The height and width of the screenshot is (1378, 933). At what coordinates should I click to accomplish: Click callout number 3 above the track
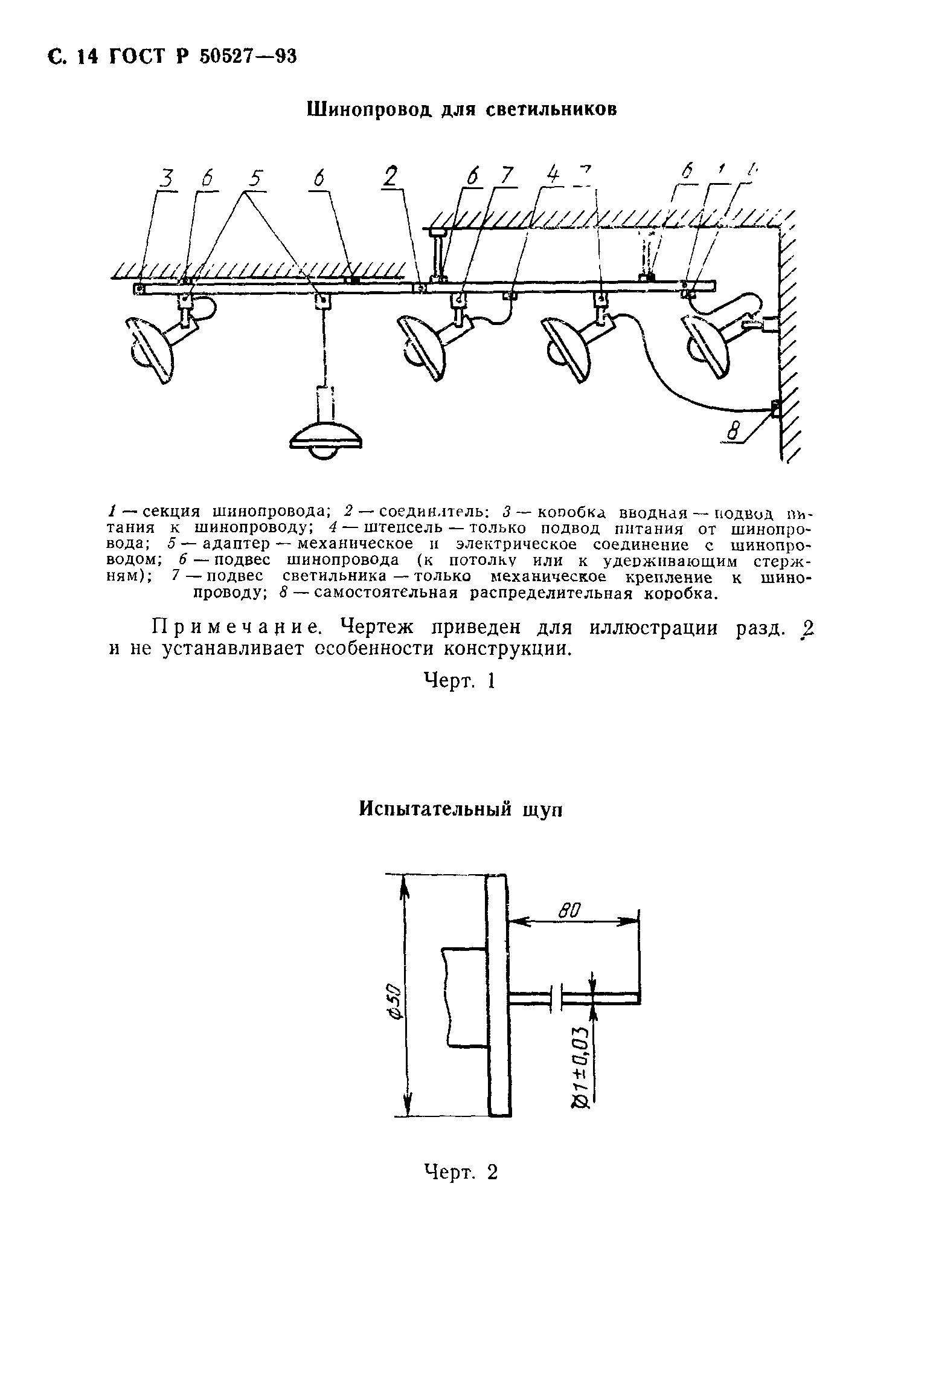pos(166,179)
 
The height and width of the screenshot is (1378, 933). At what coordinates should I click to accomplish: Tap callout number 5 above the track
pos(255,179)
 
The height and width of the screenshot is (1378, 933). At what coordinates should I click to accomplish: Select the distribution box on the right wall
pos(775,408)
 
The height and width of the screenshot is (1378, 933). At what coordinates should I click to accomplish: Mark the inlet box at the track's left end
pos(138,289)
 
